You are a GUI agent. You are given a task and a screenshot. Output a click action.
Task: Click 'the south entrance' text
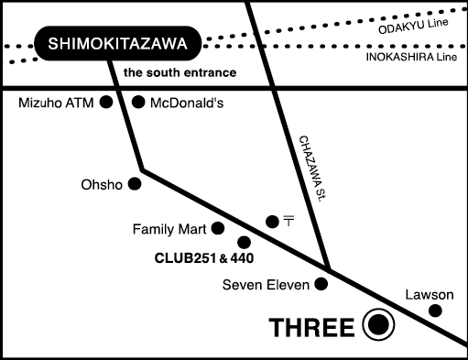[x=180, y=72]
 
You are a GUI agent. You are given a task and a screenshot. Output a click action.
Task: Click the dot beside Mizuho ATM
[x=107, y=102]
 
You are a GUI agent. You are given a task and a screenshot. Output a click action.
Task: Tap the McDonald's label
[x=191, y=103]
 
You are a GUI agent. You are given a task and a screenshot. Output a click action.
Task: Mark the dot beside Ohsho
[x=135, y=184]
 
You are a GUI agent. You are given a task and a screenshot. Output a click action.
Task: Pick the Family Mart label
[x=169, y=229]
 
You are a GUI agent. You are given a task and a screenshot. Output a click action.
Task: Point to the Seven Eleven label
[x=266, y=285]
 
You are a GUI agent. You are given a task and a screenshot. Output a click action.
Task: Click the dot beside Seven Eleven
[x=321, y=284]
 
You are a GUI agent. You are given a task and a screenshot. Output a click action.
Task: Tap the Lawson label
[x=430, y=294]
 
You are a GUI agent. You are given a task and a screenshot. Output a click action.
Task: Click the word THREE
[x=310, y=327]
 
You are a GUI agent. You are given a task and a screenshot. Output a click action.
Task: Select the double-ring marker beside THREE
[x=377, y=325]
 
